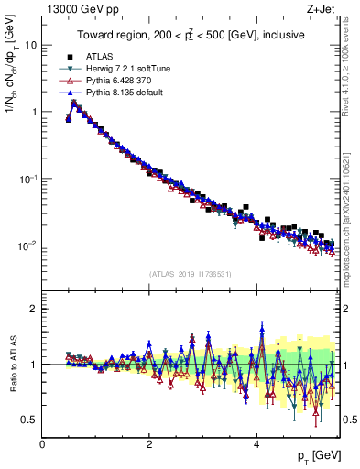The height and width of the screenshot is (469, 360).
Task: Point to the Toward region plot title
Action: [x=191, y=35]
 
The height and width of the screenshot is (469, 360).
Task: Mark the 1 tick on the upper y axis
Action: [x=33, y=112]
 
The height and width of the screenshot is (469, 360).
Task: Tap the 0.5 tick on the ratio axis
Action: [x=28, y=420]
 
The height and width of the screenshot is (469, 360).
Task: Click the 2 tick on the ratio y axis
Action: [x=35, y=309]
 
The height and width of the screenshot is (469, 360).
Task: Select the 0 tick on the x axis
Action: [x=42, y=445]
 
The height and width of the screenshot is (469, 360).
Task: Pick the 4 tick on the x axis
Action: [x=256, y=445]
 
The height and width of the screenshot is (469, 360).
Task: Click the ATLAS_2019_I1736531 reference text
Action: [x=191, y=274]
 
